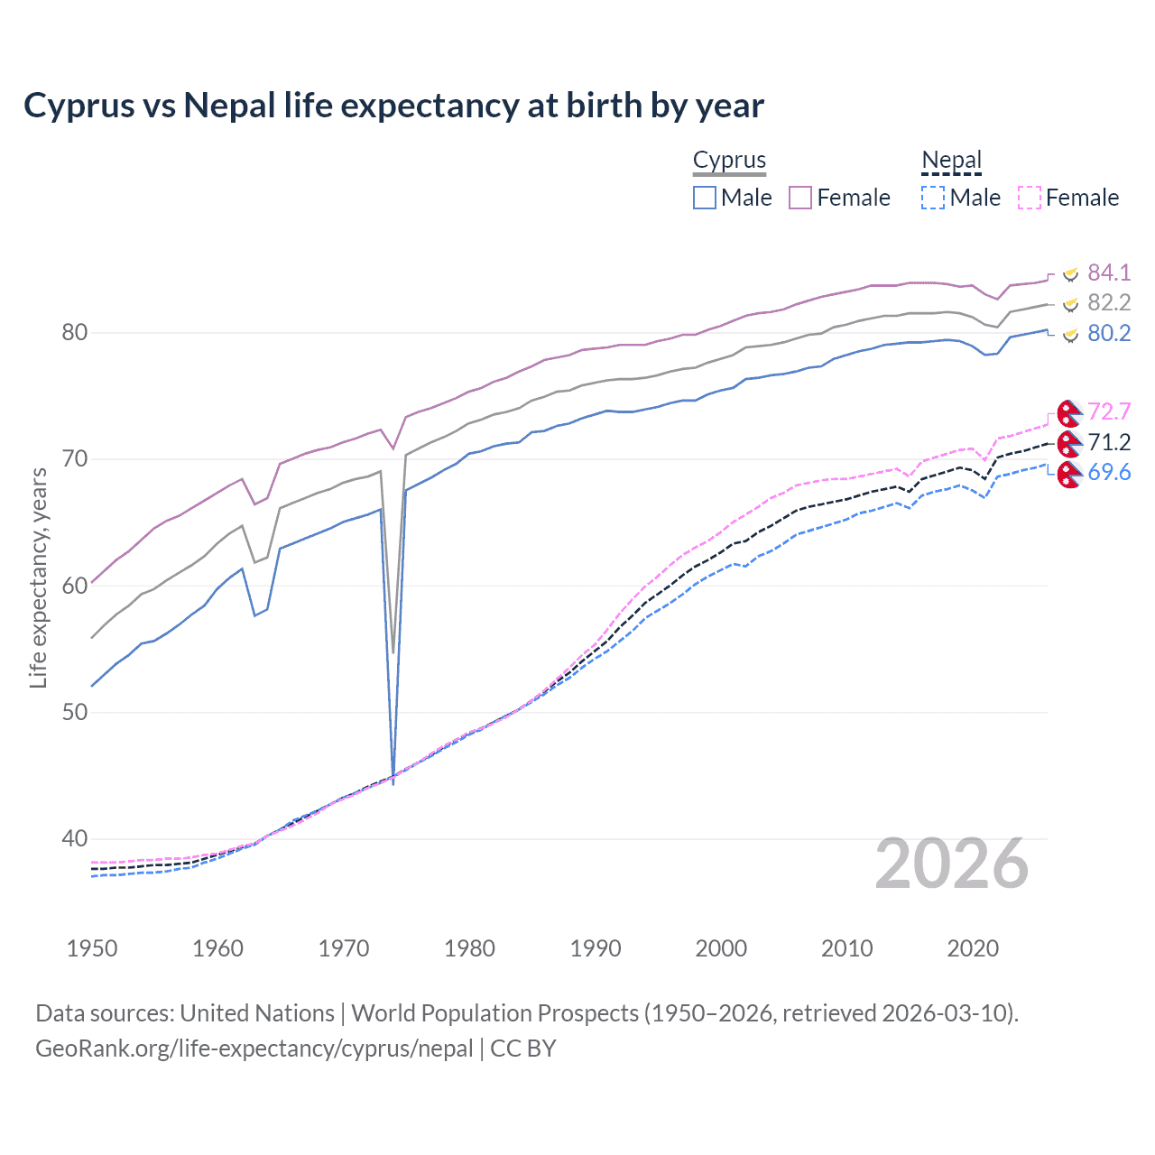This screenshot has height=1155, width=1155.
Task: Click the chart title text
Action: coord(393,106)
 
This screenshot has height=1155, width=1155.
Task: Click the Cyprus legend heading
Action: coord(729,160)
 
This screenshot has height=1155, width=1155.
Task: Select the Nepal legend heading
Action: coord(951,160)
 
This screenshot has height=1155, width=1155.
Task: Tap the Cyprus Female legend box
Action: coord(800,198)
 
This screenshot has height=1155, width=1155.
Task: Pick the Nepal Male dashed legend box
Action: coord(933,198)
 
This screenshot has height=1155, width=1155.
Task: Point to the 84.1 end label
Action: coord(1109,273)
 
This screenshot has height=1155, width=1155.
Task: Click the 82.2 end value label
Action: coord(1109,302)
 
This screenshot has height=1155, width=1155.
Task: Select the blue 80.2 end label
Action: coord(1109,333)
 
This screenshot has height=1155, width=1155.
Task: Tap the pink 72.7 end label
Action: coord(1109,411)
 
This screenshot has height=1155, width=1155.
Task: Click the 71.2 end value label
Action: coord(1109,442)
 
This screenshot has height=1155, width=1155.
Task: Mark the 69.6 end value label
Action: coord(1109,472)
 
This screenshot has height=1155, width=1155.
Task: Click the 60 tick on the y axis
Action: coord(74,586)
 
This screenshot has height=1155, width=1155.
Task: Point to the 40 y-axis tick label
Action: coord(74,838)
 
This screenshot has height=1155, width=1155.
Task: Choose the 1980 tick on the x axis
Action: coord(469,948)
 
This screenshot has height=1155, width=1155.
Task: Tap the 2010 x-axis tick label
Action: coord(846,948)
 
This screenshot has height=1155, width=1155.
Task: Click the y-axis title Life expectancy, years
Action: coord(38,577)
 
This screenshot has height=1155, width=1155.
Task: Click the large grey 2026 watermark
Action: coord(951,864)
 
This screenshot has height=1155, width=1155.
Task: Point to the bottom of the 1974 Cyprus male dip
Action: coord(393,781)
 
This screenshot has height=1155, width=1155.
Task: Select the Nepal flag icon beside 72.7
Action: coord(1068,413)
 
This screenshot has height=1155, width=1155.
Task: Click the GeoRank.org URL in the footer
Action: coord(254,1049)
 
